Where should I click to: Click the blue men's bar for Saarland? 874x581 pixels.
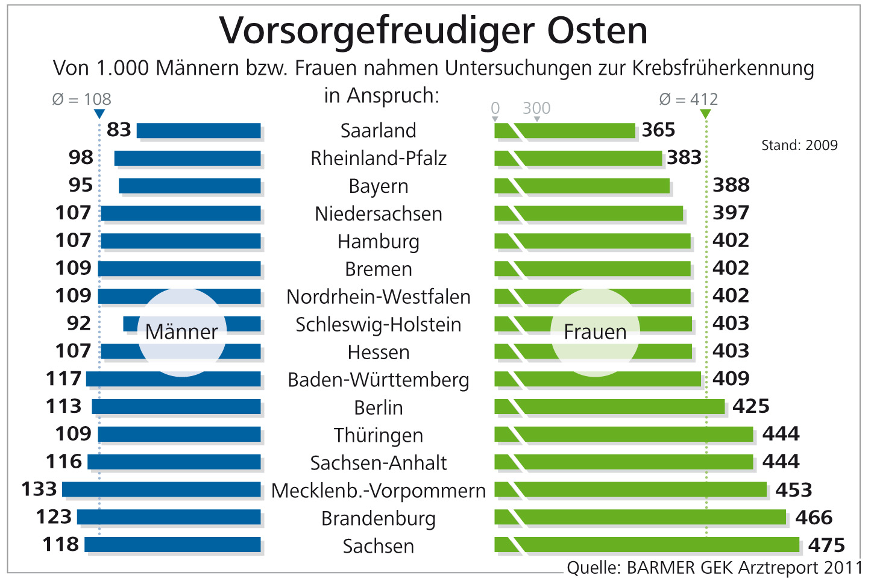coord(199,131)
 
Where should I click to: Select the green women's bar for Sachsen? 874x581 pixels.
coord(657,545)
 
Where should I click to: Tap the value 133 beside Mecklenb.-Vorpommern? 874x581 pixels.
coord(39,489)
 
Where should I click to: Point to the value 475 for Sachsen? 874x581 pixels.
coord(826,545)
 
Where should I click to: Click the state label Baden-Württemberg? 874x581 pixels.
coord(379,380)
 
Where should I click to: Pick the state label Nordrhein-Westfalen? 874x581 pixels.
coord(379,297)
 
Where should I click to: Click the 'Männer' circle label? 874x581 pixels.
coord(181,332)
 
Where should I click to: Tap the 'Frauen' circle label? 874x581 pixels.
coord(595,332)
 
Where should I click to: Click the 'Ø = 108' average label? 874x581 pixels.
coord(82,99)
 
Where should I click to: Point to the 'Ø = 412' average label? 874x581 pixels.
coord(688,99)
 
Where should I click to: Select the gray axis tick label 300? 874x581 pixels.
coord(536,108)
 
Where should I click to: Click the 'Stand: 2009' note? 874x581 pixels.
coord(799,145)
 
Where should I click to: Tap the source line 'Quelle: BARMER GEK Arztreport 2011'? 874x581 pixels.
coord(715,568)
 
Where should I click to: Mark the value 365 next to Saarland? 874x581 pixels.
coord(658,130)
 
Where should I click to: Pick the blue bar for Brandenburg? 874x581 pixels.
coord(169,517)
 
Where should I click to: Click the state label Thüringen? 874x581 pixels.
coord(379,435)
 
